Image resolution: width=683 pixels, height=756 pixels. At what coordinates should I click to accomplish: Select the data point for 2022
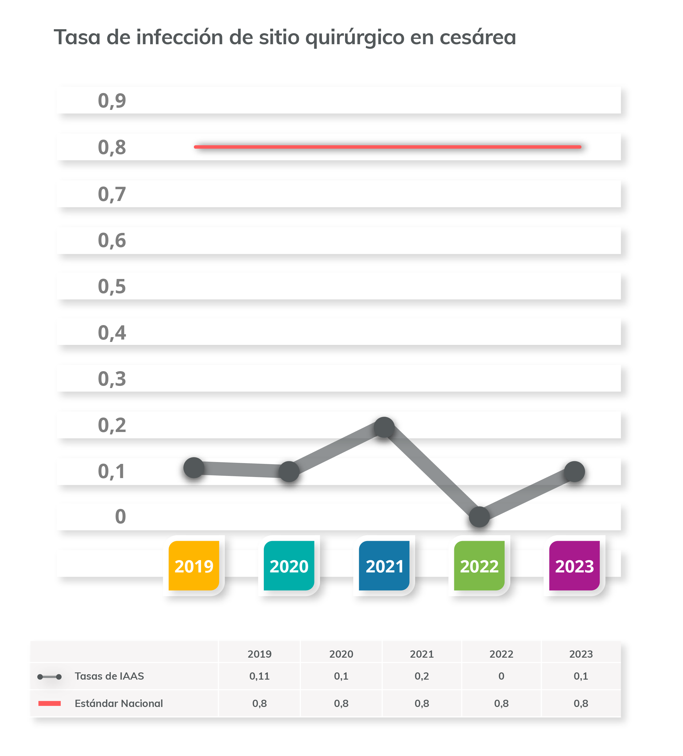(479, 517)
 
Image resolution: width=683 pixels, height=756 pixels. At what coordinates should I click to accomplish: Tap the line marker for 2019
(194, 468)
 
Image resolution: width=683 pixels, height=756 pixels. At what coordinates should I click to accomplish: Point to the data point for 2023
(574, 471)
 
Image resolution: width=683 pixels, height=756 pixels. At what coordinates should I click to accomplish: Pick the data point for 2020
(289, 471)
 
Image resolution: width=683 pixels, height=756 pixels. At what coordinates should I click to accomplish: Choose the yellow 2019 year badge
(194, 565)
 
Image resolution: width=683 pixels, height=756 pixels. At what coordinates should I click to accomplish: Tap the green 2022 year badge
(479, 565)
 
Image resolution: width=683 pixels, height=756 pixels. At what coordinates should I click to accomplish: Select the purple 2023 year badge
(574, 565)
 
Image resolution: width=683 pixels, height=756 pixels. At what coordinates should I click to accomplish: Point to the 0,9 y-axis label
(112, 100)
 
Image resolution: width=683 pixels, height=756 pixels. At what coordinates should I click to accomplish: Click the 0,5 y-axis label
(112, 286)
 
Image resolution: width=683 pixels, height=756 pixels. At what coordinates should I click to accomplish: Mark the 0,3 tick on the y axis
(112, 379)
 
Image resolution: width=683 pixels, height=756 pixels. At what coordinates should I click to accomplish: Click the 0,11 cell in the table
(259, 676)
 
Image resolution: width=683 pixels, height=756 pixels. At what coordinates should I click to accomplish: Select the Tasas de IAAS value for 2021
(422, 676)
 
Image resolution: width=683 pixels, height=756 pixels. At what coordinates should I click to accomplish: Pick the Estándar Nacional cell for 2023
(581, 703)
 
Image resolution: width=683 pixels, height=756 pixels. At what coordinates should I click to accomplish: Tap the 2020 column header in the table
(341, 654)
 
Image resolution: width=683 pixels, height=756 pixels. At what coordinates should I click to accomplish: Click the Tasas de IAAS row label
(109, 676)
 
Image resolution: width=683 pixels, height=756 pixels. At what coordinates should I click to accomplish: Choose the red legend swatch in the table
(50, 703)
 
